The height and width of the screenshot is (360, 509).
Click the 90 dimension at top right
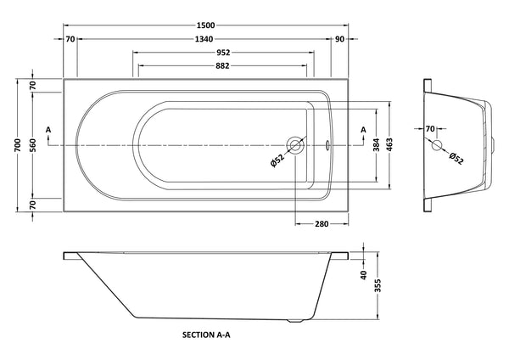(340, 40)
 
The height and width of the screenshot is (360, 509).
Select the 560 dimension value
(32, 147)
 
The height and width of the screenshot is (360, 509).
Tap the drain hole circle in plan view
(295, 146)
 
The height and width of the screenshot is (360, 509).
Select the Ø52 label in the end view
(455, 157)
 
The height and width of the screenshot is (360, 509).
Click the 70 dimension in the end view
(430, 129)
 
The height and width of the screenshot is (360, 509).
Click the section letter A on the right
(365, 129)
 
